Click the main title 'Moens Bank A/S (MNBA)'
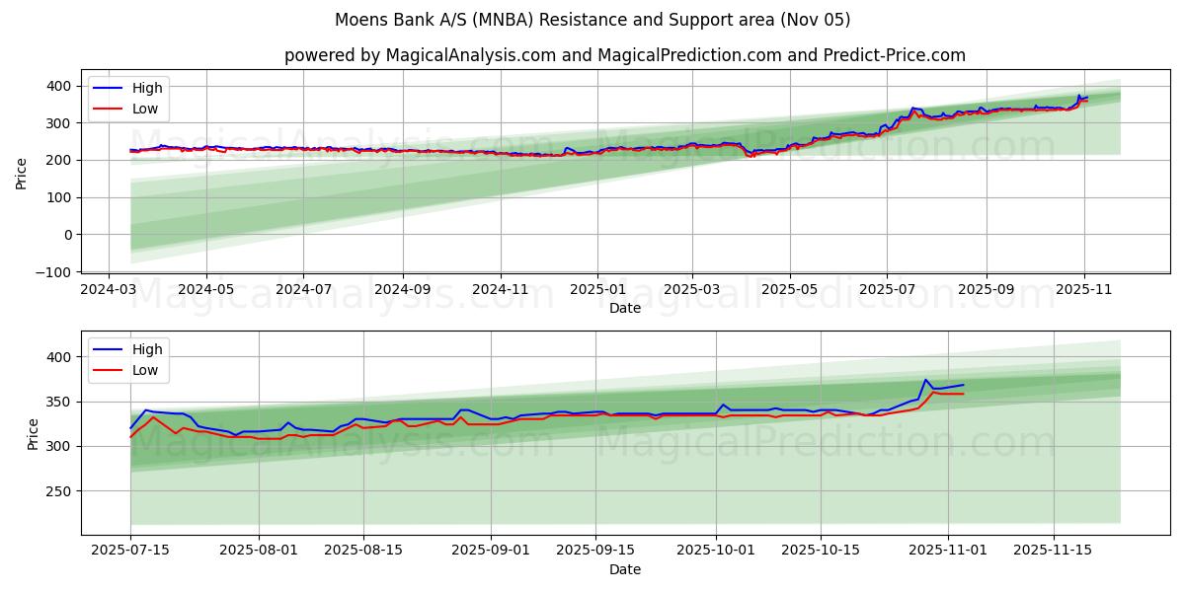tap(592, 20)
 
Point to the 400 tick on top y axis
tap(59, 87)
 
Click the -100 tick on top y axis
tap(55, 272)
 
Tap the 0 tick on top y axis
tap(68, 235)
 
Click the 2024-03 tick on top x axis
tap(110, 291)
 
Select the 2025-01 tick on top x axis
tap(596, 291)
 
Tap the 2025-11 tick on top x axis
tap(1084, 291)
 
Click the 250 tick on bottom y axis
tap(59, 491)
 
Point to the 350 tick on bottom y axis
tap(59, 402)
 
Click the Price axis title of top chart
tap(22, 173)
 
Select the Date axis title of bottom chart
tap(624, 569)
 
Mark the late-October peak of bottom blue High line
tap(925, 380)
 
